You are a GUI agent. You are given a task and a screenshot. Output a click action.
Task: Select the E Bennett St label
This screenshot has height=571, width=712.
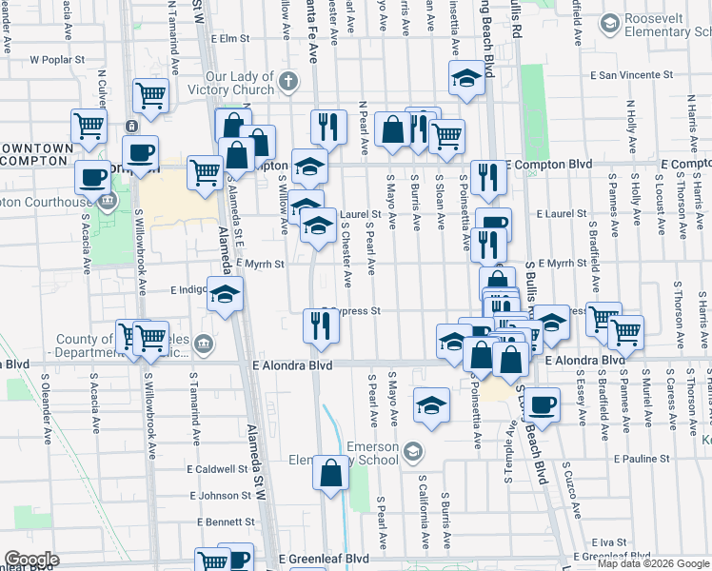[x=225, y=522]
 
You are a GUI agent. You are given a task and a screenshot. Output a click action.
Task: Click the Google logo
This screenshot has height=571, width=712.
[x=30, y=560]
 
